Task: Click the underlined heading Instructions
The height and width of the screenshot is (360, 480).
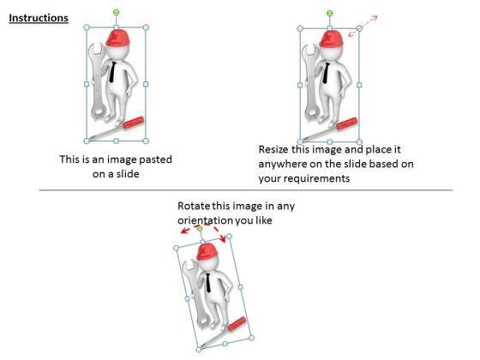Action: (x=39, y=18)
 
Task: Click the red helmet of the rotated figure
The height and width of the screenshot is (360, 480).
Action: (x=207, y=252)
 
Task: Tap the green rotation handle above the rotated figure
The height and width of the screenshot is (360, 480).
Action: (x=200, y=229)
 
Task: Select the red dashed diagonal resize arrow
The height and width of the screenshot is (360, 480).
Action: (x=363, y=26)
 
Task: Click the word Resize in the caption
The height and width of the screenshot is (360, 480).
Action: (x=274, y=150)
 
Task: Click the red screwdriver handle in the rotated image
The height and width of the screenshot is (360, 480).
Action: (x=237, y=324)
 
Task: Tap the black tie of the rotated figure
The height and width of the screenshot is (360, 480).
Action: (x=208, y=283)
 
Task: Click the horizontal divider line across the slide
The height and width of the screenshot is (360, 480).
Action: (x=246, y=190)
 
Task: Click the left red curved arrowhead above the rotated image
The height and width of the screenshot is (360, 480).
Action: (x=184, y=231)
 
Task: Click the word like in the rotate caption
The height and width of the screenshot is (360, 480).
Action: (x=264, y=220)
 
